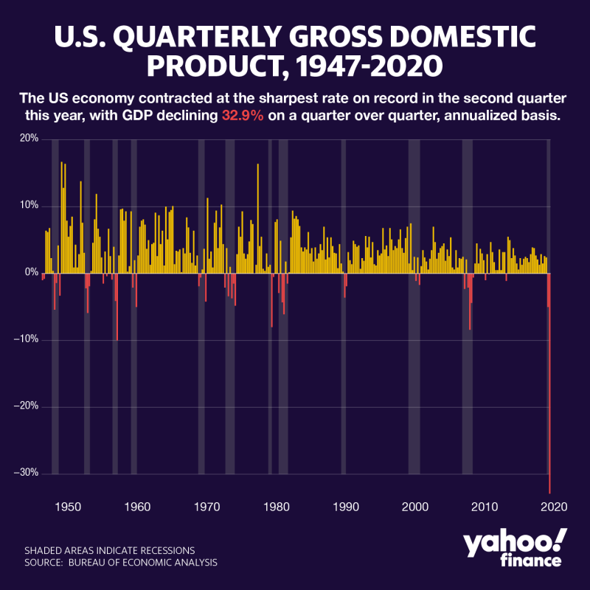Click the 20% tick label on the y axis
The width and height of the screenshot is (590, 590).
(29, 139)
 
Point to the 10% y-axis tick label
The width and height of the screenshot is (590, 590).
(29, 205)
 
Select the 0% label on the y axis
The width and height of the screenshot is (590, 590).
(31, 272)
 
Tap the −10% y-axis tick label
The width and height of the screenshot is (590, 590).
(27, 339)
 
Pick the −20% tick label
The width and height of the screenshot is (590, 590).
(27, 406)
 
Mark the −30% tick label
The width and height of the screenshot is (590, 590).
(27, 473)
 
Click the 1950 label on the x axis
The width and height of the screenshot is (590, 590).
(67, 507)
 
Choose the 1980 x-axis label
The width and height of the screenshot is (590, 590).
(277, 507)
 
